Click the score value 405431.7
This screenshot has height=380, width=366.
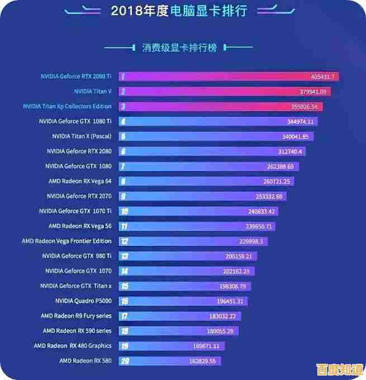pos(322,77)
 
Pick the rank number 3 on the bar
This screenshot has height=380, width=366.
pos(122,106)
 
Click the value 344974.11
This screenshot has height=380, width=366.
pos(301,121)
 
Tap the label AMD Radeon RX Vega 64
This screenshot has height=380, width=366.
pos(80,181)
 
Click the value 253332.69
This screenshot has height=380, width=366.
pos(269,196)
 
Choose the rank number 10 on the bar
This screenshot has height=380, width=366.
pos(124,211)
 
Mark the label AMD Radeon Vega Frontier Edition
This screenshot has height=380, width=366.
pos(66,241)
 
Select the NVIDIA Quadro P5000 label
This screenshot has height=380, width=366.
pos(83,301)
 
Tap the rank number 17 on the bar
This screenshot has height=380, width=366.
pos(124,316)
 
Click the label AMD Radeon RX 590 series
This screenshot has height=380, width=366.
pos(77,331)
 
